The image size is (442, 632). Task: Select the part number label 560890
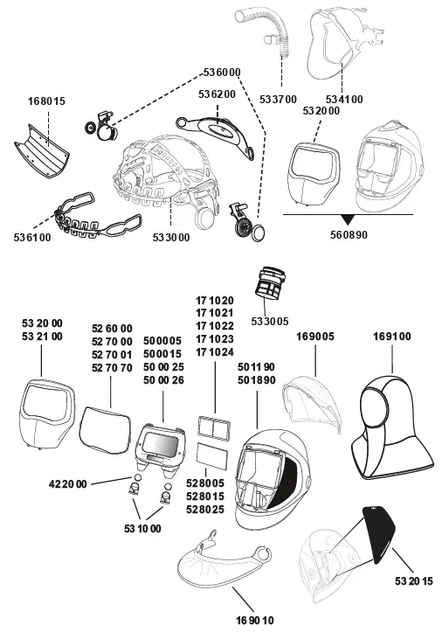point(349,234)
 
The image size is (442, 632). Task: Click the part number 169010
point(254,620)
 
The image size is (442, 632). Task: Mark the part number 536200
point(218,93)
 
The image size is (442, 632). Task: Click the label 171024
point(215,352)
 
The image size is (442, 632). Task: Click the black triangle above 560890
point(348,219)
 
